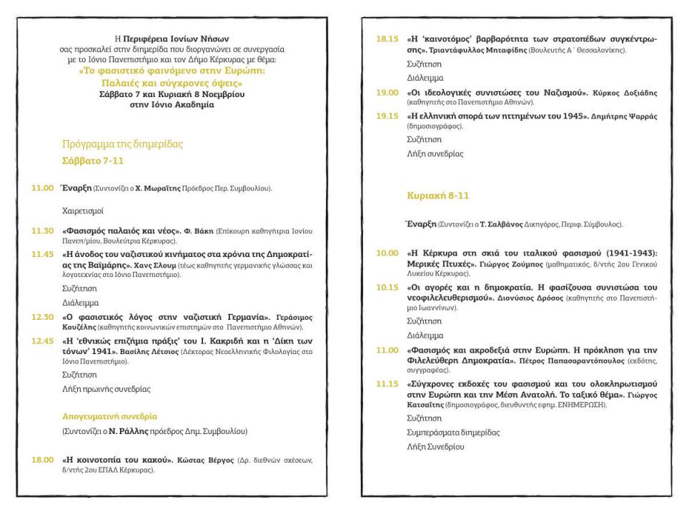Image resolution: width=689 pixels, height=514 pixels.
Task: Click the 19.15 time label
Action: coord(388,116)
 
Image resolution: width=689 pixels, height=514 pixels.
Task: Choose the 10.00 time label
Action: coord(388,253)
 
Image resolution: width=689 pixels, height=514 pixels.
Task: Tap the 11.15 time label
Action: coord(388,383)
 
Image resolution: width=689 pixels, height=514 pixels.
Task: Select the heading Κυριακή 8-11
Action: coord(438,195)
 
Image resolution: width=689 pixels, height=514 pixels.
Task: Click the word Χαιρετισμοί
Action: coord(83,211)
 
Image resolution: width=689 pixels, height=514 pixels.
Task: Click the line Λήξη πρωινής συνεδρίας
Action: coord(106,389)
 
